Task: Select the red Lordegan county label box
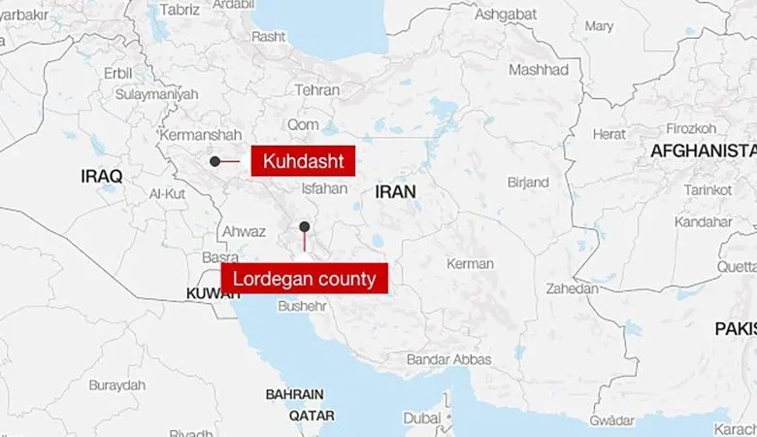click(305, 279)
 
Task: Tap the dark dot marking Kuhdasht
click(214, 161)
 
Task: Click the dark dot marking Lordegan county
click(305, 226)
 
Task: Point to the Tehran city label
click(317, 90)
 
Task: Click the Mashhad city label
click(539, 70)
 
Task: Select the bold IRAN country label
click(395, 192)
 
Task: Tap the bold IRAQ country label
click(102, 177)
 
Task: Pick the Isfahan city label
click(324, 187)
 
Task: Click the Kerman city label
click(470, 264)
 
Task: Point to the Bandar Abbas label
click(448, 359)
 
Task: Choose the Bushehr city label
click(302, 306)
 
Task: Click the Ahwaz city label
click(244, 232)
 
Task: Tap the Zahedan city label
click(572, 288)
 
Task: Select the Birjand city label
click(528, 182)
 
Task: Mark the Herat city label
click(609, 134)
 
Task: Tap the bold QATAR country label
click(312, 415)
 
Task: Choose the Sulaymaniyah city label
click(156, 94)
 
